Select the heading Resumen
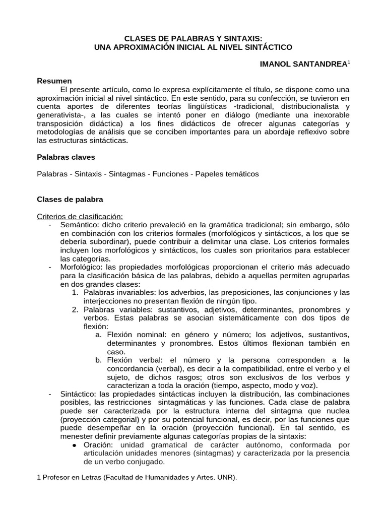click(54, 81)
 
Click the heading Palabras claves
click(66, 157)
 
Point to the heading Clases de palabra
click(70, 200)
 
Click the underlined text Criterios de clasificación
click(80, 216)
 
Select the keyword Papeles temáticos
click(230, 174)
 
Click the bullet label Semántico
click(78, 224)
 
